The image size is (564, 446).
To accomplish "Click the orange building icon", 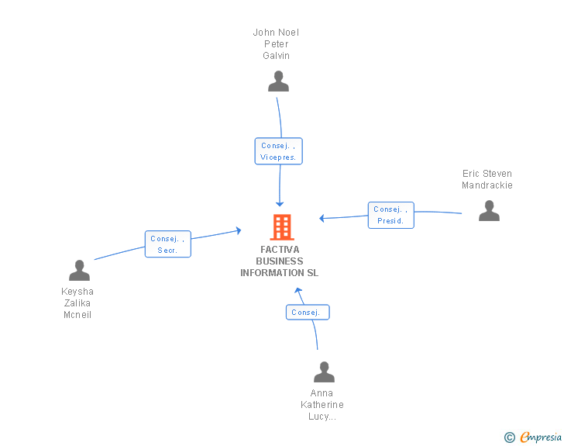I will tap(281, 226).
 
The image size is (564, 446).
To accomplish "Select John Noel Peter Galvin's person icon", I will tap(278, 81).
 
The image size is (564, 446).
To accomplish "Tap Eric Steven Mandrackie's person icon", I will tap(489, 211).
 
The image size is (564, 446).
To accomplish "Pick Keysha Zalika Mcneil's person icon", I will tap(79, 271).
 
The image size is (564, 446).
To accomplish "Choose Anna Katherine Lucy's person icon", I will tap(324, 372).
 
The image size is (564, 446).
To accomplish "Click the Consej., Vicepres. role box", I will tap(278, 151).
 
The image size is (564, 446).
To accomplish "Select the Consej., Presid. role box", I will tap(390, 215).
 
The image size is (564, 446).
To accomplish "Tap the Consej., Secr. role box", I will tap(167, 244).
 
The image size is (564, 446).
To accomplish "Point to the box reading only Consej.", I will tap(308, 313).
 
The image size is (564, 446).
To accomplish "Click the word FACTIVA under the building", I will tap(280, 250).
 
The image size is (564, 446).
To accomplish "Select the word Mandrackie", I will tap(487, 185).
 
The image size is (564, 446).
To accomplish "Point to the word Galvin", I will tap(276, 56).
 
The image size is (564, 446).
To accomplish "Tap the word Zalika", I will tap(77, 303).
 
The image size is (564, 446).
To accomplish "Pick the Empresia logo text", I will tap(540, 437).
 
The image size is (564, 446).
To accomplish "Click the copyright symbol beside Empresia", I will tap(510, 437).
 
